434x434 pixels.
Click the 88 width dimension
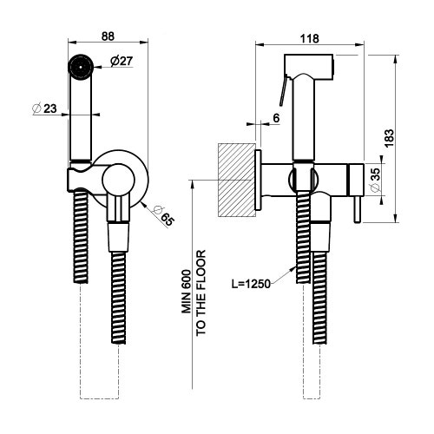tap(108, 36)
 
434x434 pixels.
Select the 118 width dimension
tap(308, 37)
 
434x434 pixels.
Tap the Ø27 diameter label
tap(121, 60)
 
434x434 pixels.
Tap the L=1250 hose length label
tap(257, 284)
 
